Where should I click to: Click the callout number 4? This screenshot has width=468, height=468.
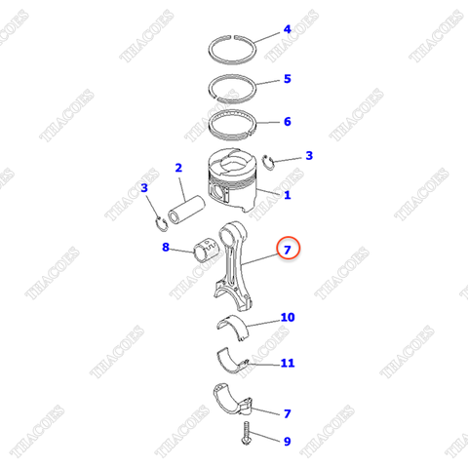click(x=287, y=29)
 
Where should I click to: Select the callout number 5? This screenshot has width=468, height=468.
click(x=287, y=79)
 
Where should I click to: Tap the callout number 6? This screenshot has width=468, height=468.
click(x=287, y=122)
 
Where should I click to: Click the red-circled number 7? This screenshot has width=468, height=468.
click(x=288, y=250)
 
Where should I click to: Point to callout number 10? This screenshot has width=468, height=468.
click(x=288, y=318)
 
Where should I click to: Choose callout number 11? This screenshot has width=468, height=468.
click(x=288, y=363)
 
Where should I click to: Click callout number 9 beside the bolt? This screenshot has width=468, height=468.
click(x=287, y=442)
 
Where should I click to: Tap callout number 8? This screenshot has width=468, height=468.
click(x=166, y=248)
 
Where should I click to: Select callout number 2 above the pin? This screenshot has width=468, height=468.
click(x=178, y=168)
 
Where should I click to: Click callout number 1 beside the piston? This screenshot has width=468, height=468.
click(x=287, y=195)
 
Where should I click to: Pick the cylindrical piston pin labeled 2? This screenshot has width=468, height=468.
click(x=186, y=211)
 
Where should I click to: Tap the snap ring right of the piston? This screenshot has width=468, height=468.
click(x=269, y=163)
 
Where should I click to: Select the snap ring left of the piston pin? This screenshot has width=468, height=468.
click(x=161, y=224)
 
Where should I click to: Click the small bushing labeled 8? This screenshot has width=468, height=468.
click(x=206, y=250)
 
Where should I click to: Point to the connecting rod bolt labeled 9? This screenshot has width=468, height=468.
click(x=246, y=433)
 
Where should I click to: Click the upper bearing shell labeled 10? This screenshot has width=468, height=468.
click(x=233, y=326)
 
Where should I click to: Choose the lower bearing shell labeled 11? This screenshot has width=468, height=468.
click(x=232, y=361)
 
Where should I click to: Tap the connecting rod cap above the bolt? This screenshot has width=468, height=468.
click(x=232, y=399)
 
